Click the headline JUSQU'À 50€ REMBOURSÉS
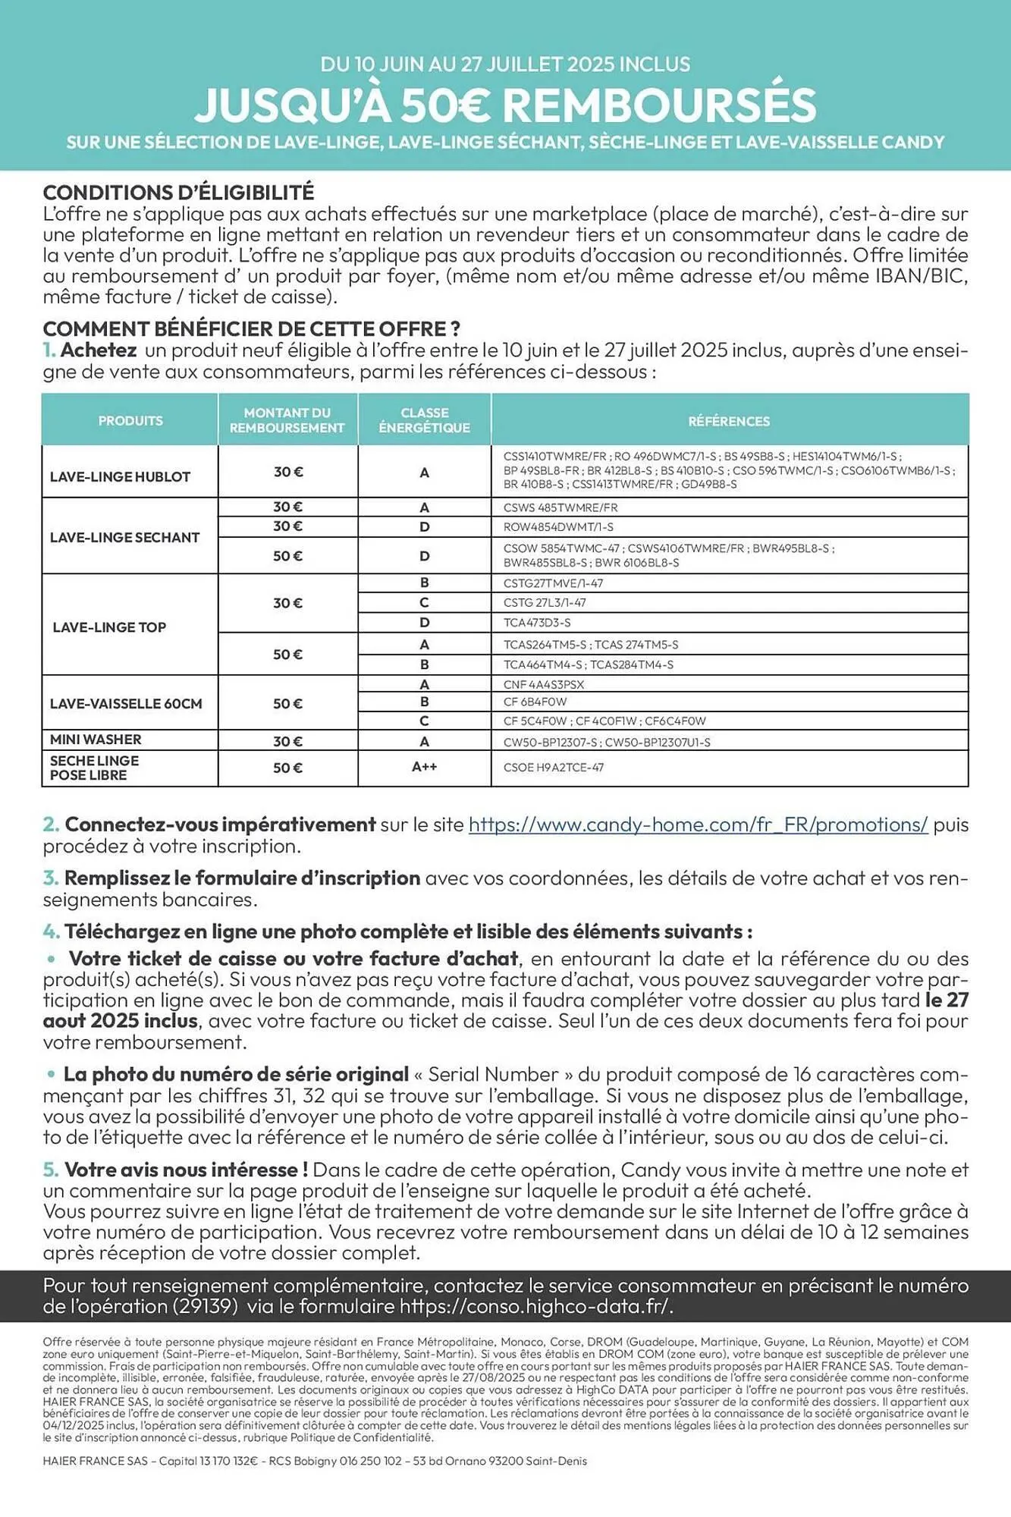505,105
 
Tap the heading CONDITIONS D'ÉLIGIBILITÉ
178,193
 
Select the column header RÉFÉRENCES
729,421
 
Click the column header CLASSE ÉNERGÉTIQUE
424,420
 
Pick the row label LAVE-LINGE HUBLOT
120,477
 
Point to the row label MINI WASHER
96,740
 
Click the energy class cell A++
424,767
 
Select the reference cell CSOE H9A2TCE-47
554,768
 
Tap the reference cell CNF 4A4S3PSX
544,684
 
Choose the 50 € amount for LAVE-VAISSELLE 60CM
287,704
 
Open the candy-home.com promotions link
698,824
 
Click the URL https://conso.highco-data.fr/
535,1306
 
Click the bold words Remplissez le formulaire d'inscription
242,878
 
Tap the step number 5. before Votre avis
50,1170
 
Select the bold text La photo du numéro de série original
236,1074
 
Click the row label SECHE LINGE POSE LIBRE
94,768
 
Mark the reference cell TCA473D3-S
537,623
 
